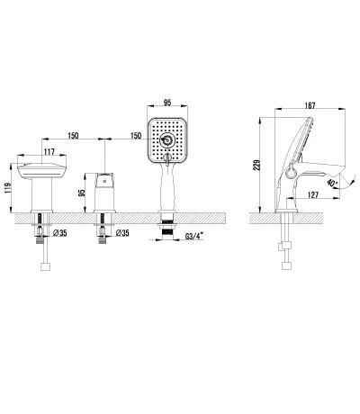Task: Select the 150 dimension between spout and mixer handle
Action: [75, 134]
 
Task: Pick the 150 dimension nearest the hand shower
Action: [135, 134]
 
